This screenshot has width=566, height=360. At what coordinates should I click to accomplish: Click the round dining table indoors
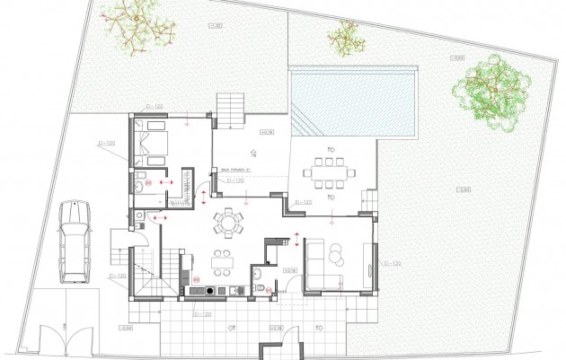[x=230, y=221]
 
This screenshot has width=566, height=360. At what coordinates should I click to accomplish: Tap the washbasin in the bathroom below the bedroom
[x=140, y=184]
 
